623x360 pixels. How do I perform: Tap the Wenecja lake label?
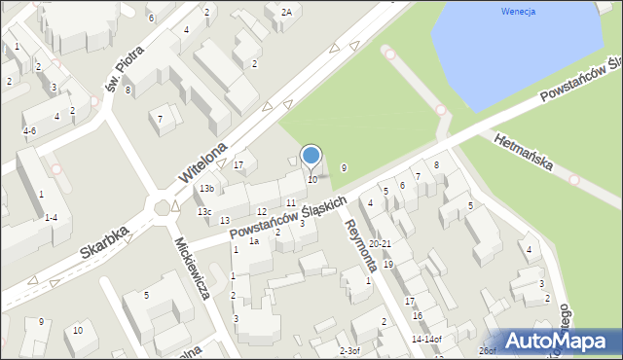click(x=520, y=12)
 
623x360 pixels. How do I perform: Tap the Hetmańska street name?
click(x=525, y=153)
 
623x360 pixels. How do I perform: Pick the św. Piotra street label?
click(x=119, y=69)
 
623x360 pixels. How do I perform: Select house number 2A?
click(x=286, y=12)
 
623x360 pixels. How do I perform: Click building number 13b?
click(x=206, y=188)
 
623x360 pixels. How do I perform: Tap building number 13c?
click(x=204, y=211)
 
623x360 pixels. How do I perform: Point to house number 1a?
click(x=253, y=241)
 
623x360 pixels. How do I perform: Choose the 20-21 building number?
click(x=381, y=243)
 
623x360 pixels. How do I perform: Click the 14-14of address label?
click(x=426, y=340)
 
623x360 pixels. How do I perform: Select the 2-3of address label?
click(x=349, y=350)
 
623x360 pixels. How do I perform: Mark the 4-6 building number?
click(x=29, y=130)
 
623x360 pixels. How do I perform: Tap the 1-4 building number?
click(x=57, y=217)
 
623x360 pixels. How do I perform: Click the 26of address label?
click(x=487, y=350)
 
